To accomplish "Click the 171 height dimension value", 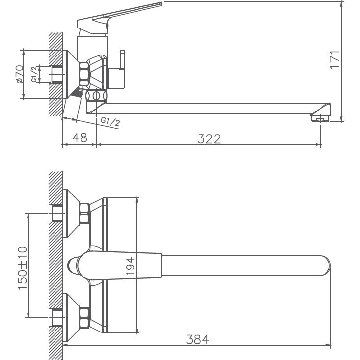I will pyautogui.click(x=334, y=60).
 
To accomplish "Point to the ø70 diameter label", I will pyautogui.click(x=19, y=74).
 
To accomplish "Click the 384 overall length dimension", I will pyautogui.click(x=197, y=338).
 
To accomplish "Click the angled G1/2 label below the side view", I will pyautogui.click(x=110, y=121).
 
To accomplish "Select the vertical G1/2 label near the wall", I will pyautogui.click(x=34, y=74).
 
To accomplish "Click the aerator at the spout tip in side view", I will pyautogui.click(x=320, y=118).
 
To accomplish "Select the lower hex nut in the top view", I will pyautogui.click(x=84, y=319).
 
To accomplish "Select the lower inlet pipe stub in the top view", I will pyautogui.click(x=57, y=319).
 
